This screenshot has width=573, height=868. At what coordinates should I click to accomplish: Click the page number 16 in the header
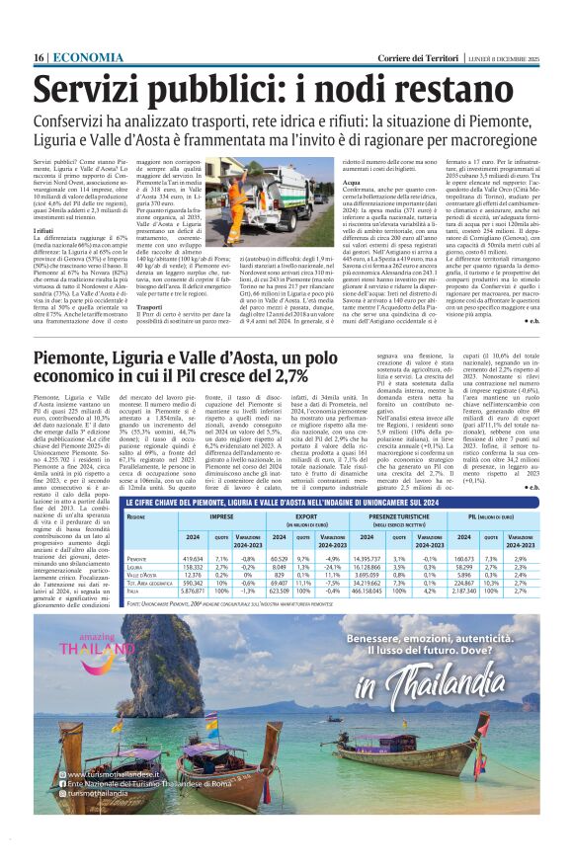[x=39, y=58]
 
